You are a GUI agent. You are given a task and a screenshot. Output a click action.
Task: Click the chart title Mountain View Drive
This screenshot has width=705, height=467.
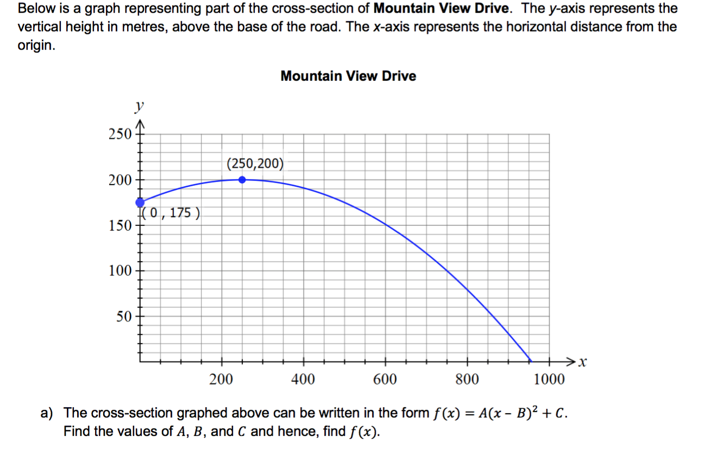[x=348, y=76]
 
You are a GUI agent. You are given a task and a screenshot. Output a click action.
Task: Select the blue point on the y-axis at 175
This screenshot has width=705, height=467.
[x=140, y=203]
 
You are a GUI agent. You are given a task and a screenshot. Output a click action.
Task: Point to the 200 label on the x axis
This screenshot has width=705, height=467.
[x=221, y=380]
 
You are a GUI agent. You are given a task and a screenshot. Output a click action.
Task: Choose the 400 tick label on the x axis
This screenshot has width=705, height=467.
[x=303, y=380]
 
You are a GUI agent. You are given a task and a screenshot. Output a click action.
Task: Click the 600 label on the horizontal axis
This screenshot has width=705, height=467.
[x=385, y=380]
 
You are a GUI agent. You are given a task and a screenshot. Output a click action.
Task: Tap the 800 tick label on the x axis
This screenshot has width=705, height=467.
[x=467, y=380]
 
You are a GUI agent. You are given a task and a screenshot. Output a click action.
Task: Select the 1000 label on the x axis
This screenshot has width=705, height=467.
[x=549, y=380]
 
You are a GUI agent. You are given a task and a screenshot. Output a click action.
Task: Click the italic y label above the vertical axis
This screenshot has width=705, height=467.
[x=140, y=106]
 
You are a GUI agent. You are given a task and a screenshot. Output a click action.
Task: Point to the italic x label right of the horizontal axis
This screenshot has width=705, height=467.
[x=583, y=362]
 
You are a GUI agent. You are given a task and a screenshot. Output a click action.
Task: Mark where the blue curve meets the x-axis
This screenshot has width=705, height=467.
[x=531, y=361]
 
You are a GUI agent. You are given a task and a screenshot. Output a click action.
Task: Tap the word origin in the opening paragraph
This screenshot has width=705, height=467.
[x=36, y=46]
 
